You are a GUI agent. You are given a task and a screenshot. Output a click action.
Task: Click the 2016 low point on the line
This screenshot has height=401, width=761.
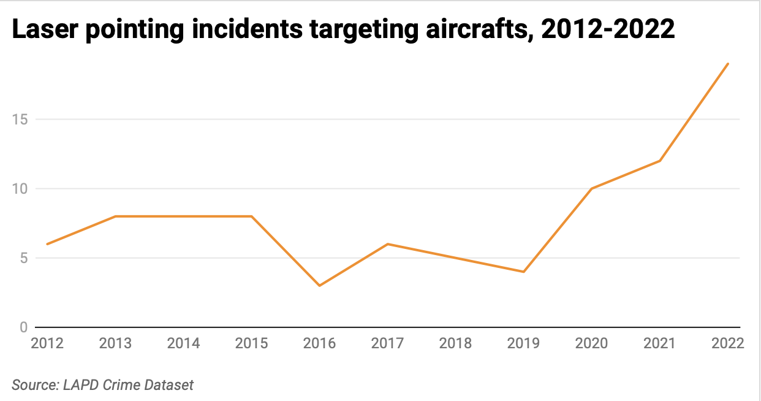[319, 286]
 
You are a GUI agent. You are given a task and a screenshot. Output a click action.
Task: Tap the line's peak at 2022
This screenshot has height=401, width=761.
[728, 64]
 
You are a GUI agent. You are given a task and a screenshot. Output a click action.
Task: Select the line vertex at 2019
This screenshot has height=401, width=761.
[523, 272]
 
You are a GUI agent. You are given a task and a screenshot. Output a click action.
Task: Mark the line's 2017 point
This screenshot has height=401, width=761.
[387, 244]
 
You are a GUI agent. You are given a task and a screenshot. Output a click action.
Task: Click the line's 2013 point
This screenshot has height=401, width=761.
[115, 216]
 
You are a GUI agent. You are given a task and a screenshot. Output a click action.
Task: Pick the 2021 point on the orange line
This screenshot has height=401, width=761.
[660, 161]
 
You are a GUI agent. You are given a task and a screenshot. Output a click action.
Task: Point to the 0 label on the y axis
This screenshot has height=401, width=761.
[23, 327]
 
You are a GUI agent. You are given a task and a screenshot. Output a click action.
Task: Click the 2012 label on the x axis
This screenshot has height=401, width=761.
[47, 343]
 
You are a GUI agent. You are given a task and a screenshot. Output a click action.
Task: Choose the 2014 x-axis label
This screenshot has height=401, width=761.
[183, 343]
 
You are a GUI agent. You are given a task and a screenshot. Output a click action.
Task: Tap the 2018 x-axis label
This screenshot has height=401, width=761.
[455, 343]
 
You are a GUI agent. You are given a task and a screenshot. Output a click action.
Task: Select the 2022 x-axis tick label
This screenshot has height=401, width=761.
[727, 343]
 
